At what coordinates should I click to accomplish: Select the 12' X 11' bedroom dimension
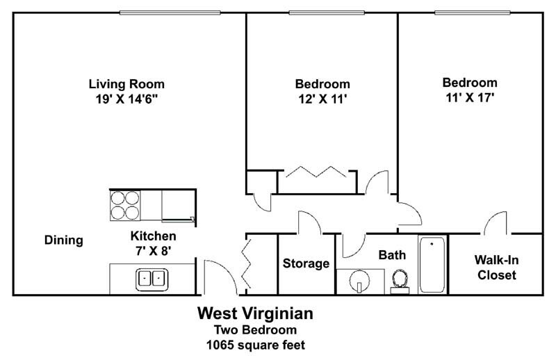pos(321,99)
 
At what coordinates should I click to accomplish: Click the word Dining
pos(64,240)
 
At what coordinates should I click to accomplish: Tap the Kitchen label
pos(153,236)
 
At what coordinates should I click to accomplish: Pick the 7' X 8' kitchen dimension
pos(153,250)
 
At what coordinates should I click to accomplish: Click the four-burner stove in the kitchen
pos(125,205)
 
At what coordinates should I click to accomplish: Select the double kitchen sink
pos(151,279)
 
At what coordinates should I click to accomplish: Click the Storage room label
pos(306,263)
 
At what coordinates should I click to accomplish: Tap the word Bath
pos(392,255)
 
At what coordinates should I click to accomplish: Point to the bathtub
pos(432,265)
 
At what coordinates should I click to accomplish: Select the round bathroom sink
pos(359,283)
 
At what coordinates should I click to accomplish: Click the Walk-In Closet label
pos(496,268)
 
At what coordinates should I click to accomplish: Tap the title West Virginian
pos(255,313)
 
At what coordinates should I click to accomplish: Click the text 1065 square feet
pos(255,344)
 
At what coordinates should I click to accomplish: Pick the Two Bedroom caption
pos(255,329)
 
